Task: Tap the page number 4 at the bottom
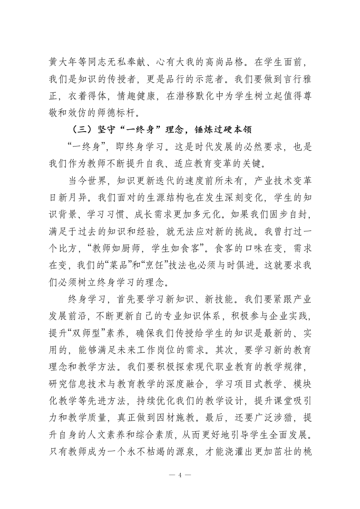(180, 475)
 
